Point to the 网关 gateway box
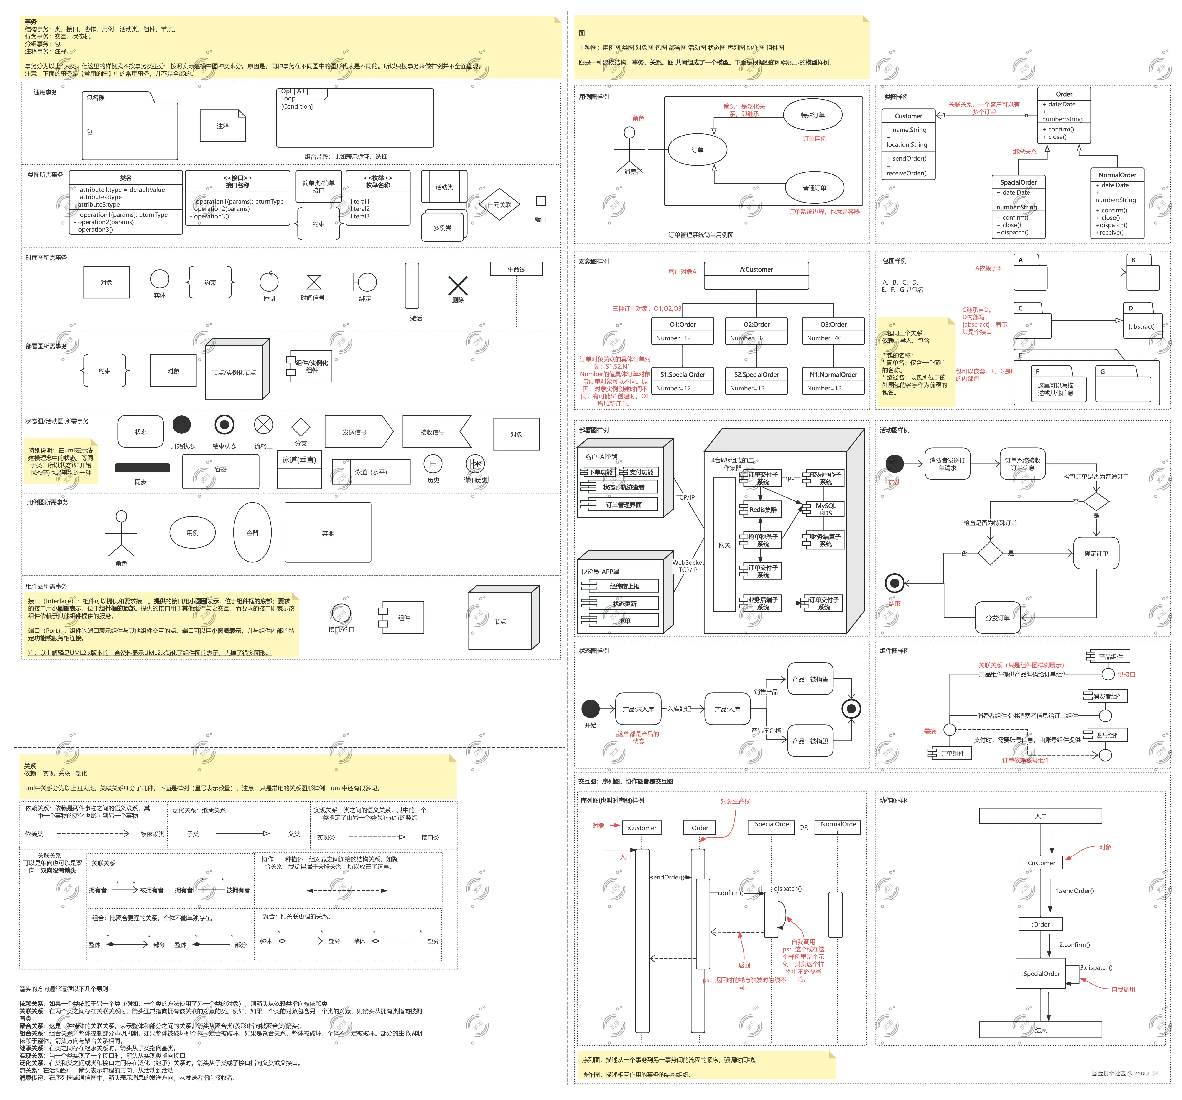coord(724,545)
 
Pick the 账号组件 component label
coord(1107,735)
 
